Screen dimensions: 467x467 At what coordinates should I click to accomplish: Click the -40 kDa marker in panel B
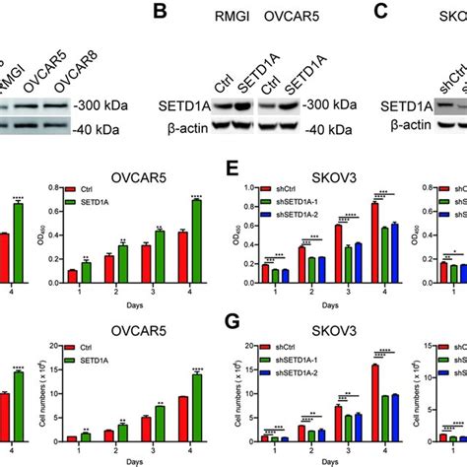[306, 100]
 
